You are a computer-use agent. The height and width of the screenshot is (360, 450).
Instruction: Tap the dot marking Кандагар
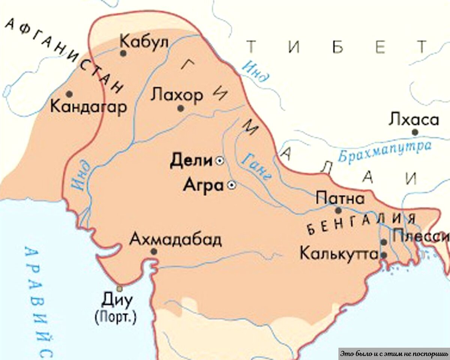[69, 94]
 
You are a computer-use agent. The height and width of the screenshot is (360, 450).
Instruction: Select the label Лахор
[176, 95]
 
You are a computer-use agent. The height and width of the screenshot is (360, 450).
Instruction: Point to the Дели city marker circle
[219, 161]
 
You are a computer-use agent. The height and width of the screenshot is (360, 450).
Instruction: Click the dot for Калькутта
[384, 255]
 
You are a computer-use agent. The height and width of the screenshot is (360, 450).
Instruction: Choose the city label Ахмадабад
[175, 239]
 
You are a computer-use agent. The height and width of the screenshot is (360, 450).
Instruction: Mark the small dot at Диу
[119, 288]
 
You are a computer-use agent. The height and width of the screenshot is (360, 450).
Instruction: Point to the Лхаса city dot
[415, 132]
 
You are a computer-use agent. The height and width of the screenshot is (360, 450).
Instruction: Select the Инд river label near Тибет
[255, 71]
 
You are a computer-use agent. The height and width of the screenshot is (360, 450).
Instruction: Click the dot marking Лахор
[180, 108]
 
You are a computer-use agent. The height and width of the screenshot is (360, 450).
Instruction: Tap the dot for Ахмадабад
[154, 251]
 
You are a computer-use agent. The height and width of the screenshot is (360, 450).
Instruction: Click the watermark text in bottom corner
[394, 354]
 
